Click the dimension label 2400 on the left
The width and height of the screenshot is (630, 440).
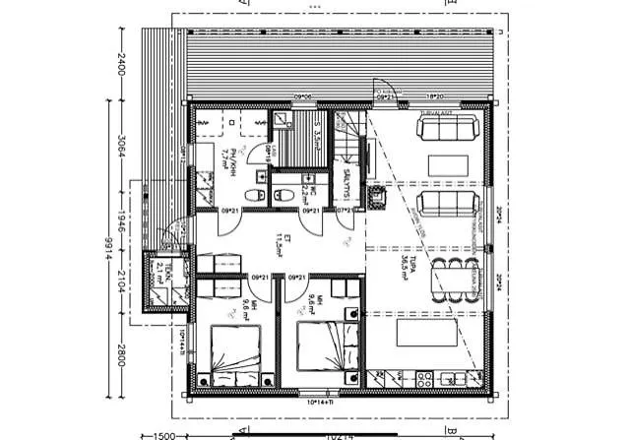tap(122, 64)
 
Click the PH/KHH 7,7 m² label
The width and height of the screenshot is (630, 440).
tap(226, 157)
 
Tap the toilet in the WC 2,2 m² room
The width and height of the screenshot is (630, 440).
tap(283, 193)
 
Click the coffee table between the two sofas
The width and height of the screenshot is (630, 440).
tap(449, 162)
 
